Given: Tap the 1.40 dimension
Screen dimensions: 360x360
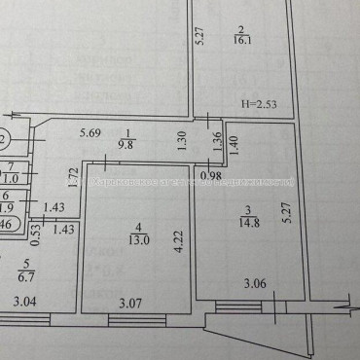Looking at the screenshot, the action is pyautogui.click(x=234, y=142).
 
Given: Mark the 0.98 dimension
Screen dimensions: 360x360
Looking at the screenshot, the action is pyautogui.click(x=210, y=176).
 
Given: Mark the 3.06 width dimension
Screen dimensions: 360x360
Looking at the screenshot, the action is pyautogui.click(x=256, y=284).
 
